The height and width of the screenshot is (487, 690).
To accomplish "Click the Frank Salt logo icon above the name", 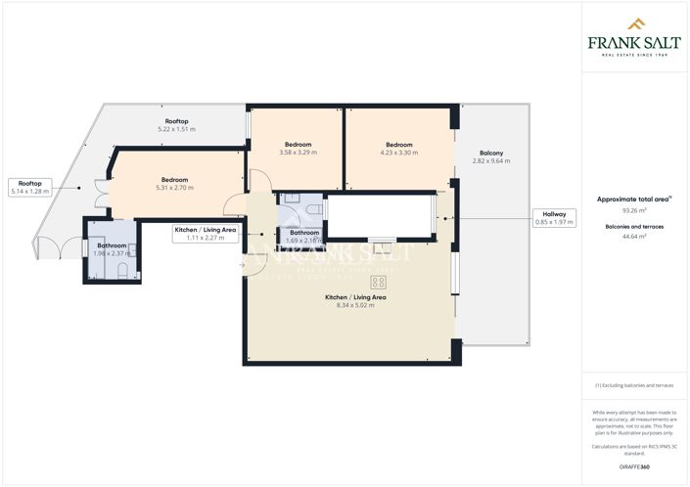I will pos(634,23).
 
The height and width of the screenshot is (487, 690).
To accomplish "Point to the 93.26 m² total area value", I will pos(635,209).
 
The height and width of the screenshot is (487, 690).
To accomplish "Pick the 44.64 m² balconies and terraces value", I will pos(635,237).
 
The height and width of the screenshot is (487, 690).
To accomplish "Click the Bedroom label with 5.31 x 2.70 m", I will pos(175,184).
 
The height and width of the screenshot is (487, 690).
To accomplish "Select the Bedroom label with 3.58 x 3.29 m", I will pos(299,148).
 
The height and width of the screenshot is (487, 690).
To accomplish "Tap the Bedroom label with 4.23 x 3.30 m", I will pos(398,148).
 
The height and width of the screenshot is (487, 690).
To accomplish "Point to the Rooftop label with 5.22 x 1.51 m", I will pos(177,125).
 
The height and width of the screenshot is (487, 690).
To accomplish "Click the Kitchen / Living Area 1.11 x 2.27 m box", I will pos(206,233).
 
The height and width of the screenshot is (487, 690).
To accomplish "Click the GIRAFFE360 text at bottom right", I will pos(635,466).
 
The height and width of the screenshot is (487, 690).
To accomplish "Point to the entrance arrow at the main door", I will pos(242,265).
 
